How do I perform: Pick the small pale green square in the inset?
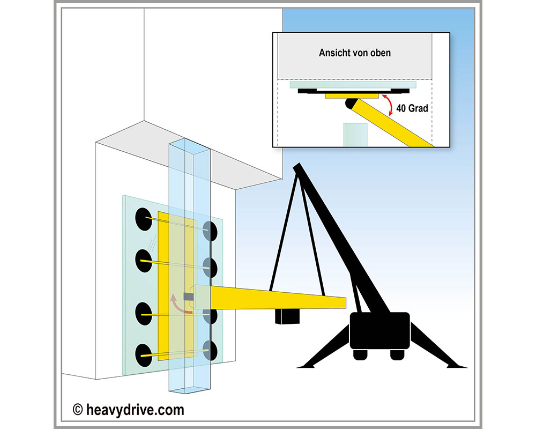pyautogui.click(x=355, y=134)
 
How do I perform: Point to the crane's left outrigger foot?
pyautogui.click(x=306, y=366)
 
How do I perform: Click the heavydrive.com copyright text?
pyautogui.click(x=129, y=410)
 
